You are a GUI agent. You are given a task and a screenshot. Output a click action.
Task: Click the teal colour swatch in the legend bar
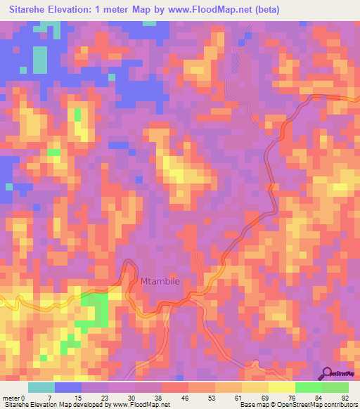pyautogui.click(x=41, y=387)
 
